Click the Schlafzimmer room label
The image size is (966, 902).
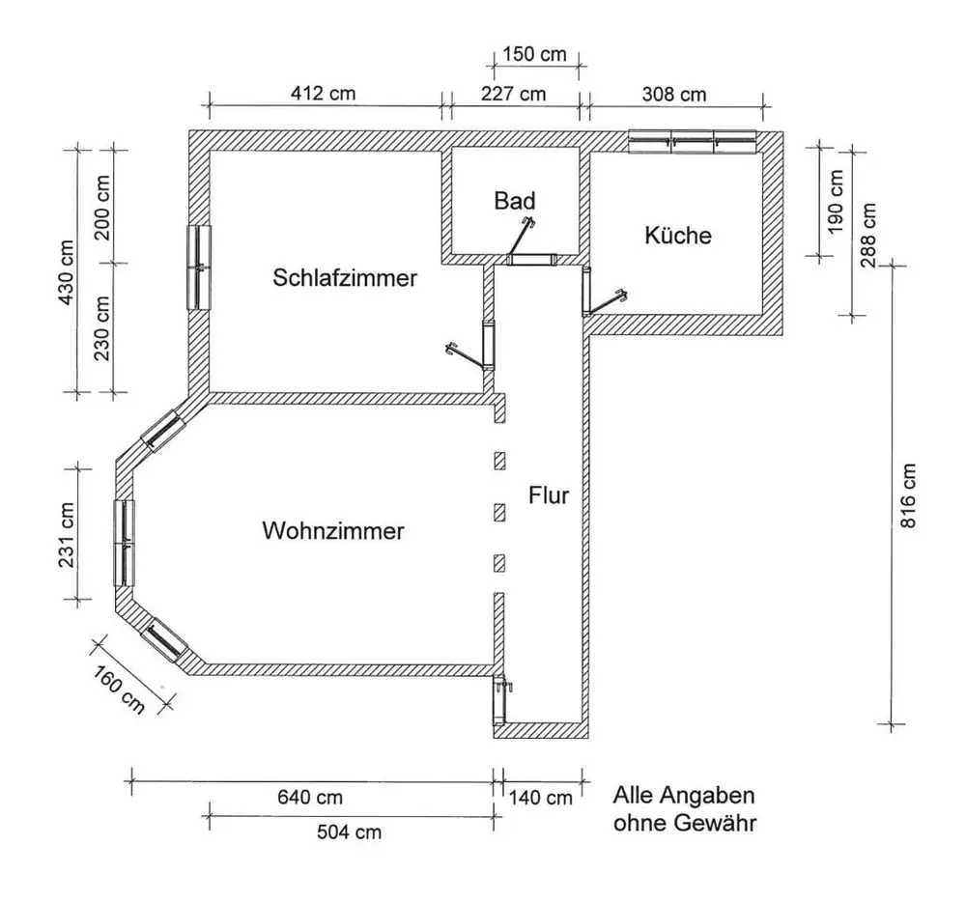tap(345, 278)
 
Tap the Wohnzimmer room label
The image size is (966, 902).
tap(333, 531)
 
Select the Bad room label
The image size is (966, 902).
tap(515, 201)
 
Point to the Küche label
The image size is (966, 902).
tap(678, 236)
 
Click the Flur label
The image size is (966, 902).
tap(549, 495)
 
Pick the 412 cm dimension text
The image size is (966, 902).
tap(323, 93)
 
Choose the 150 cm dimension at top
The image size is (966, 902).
tap(534, 54)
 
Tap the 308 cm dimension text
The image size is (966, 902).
tap(674, 95)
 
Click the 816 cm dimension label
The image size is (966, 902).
tap(908, 495)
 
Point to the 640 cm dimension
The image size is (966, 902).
tap(310, 798)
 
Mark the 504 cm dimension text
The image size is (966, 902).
tap(349, 832)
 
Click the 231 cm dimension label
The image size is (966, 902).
tap(67, 535)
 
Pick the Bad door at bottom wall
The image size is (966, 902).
tap(531, 259)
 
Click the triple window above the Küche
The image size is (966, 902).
tap(693, 142)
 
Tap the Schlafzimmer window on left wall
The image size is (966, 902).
tap(199, 268)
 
